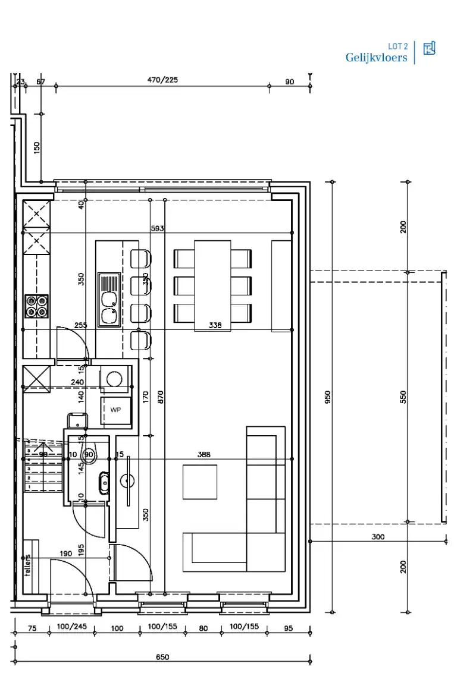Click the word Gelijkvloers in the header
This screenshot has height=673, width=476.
click(376, 58)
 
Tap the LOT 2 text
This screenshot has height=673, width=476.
click(397, 46)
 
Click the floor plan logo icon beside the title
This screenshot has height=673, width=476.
click(429, 49)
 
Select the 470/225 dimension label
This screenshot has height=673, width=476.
click(162, 80)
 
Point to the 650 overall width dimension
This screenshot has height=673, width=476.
click(162, 657)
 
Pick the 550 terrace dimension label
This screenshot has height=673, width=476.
click(403, 397)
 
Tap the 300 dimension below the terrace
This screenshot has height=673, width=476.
click(377, 536)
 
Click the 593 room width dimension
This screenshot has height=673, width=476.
click(157, 228)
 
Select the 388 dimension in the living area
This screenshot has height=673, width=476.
click(204, 454)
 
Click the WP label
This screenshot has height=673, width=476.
click(115, 410)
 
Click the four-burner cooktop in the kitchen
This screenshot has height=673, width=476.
click(36, 306)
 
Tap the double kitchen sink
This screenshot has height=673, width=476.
click(109, 300)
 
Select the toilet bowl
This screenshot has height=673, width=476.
click(89, 455)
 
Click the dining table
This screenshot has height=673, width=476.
click(212, 285)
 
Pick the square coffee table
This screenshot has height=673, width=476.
click(200, 482)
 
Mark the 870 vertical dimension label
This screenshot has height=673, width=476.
click(161, 397)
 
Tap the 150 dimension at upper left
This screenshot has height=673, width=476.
click(36, 147)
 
